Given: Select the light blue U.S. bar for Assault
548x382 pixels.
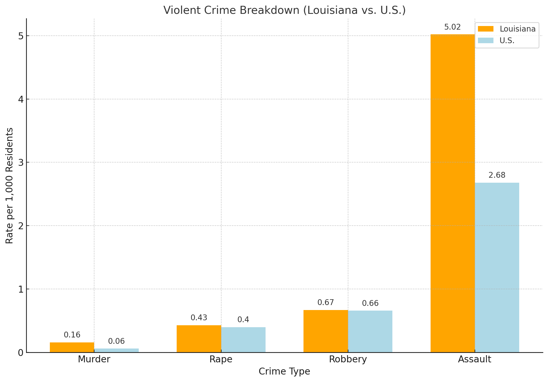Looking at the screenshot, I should tap(497, 267).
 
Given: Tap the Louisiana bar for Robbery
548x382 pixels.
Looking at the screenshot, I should tap(326, 331).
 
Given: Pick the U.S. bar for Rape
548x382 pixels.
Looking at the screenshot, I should tap(243, 340).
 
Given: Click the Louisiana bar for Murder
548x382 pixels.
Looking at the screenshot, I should tap(72, 347).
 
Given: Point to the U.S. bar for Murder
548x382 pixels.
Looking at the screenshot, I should tap(116, 350).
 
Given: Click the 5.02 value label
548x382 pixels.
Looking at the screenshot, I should tap(452, 27).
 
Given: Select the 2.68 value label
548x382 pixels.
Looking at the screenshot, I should tap(497, 175).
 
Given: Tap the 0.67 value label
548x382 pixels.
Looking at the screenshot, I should tap(326, 303).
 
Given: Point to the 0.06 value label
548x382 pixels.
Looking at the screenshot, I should tap(116, 341).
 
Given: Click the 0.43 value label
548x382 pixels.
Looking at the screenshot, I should tap(199, 318).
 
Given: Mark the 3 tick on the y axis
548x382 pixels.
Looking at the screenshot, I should tap(21, 163).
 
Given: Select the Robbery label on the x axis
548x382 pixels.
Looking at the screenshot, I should tap(348, 359).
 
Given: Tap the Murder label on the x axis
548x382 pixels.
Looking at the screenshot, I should tap(94, 359).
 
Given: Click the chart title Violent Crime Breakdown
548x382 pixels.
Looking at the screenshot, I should tap(284, 11).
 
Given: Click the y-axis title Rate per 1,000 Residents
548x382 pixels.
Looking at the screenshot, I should tap(9, 185).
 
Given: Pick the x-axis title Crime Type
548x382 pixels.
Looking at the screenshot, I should tap(284, 371).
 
